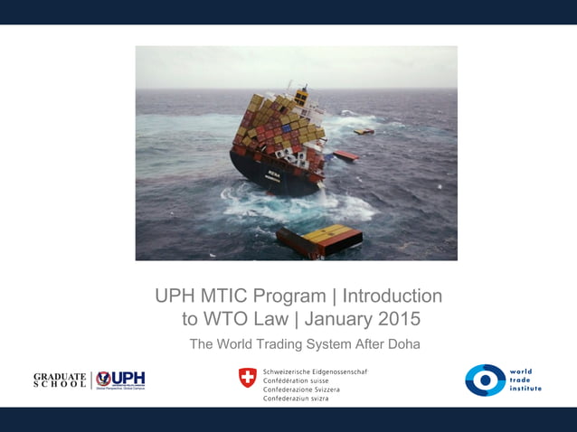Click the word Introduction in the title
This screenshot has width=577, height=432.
point(393,296)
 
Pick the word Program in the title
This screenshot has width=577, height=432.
point(291,296)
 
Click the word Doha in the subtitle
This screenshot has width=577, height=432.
point(402,343)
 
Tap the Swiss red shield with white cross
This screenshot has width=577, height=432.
point(247,377)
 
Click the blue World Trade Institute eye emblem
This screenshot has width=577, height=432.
point(485,380)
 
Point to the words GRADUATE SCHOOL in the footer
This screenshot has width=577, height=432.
point(60,380)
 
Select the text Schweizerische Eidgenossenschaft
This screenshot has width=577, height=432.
point(315,371)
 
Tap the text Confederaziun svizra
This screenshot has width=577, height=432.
point(295,399)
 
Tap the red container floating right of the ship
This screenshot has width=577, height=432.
point(345,155)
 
